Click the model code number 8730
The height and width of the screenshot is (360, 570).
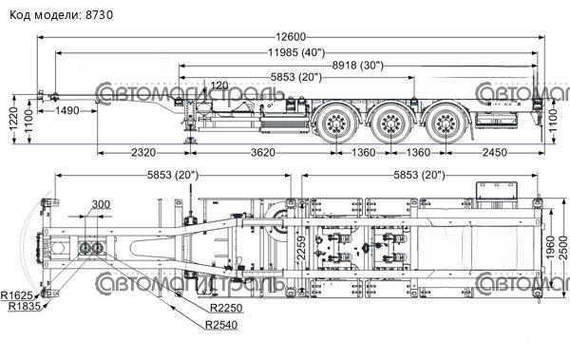[99, 15]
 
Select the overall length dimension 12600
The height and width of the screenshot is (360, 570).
[291, 37]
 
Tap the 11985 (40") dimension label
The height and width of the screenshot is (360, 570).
[296, 53]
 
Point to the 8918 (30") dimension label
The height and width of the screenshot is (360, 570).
[358, 66]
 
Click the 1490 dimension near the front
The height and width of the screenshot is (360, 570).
[67, 110]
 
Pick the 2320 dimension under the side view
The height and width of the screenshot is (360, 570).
[143, 152]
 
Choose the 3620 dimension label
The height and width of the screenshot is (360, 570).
[263, 152]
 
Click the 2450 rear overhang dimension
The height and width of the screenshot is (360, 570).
[495, 152]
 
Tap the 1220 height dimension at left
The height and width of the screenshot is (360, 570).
[14, 119]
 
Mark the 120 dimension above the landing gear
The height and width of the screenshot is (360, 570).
[219, 85]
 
